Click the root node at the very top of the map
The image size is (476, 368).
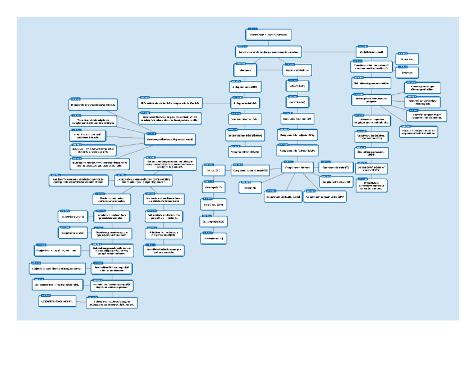pyautogui.click(x=268, y=35)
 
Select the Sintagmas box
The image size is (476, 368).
pyautogui.click(x=245, y=70)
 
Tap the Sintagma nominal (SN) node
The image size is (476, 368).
pyautogui.click(x=245, y=87)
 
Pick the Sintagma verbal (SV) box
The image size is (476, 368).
pyautogui.click(x=245, y=103)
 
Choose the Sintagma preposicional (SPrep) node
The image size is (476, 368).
pyautogui.click(x=245, y=120)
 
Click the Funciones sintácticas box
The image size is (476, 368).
pyautogui.click(x=297, y=70)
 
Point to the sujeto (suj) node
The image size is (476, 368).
pyautogui.click(x=297, y=87)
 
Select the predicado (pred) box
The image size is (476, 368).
pyautogui.click(x=297, y=102)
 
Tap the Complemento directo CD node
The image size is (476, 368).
pyautogui.click(x=297, y=120)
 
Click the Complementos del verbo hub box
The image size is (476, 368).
pyautogui.click(x=297, y=167)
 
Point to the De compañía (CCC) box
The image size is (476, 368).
pyautogui.click(x=213, y=222)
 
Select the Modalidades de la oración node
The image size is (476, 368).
pyautogui.click(x=371, y=52)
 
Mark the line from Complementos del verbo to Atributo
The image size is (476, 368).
pyautogui.click(x=272, y=178)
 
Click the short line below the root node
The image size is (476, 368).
pyautogui.click(x=268, y=42)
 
